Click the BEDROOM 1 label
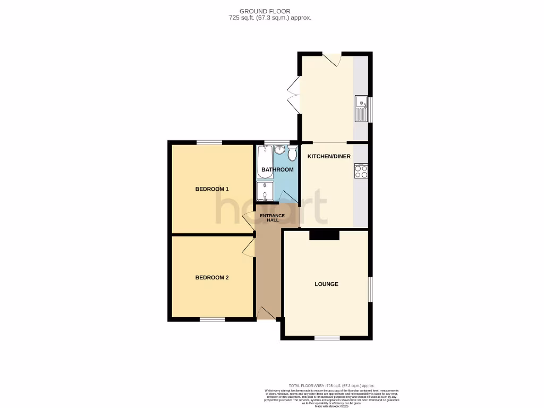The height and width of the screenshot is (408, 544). (212, 189)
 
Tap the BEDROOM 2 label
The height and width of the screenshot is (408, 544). (212, 277)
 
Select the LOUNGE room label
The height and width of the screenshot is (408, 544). (326, 284)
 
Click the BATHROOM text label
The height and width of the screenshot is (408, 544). (277, 169)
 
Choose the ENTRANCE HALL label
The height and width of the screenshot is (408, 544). (272, 217)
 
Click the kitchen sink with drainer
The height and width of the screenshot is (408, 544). (361, 108)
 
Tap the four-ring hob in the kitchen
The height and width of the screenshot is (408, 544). (361, 171)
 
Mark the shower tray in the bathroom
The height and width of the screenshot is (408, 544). (265, 192)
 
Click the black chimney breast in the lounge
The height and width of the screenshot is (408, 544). (324, 235)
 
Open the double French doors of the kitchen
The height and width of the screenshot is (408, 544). (293, 95)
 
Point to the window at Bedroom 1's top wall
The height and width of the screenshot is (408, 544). (209, 142)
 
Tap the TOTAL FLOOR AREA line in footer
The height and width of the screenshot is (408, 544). (331, 385)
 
